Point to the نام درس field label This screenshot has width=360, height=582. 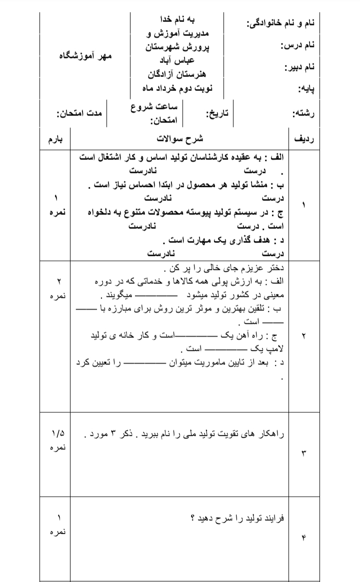(x=297, y=45)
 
